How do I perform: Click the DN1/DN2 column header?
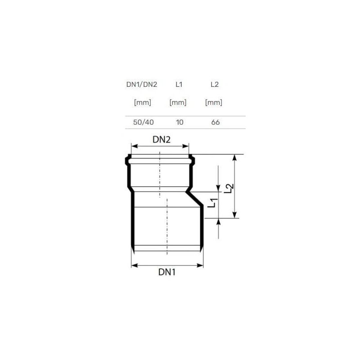142,85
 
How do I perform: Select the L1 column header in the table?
179,85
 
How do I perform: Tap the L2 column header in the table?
215,85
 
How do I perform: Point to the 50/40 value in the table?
144,122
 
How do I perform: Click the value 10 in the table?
180,122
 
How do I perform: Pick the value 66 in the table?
216,122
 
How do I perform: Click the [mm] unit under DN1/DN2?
143,103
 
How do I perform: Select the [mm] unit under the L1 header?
178,103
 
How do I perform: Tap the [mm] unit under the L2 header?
213,103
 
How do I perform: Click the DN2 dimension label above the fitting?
162,139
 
